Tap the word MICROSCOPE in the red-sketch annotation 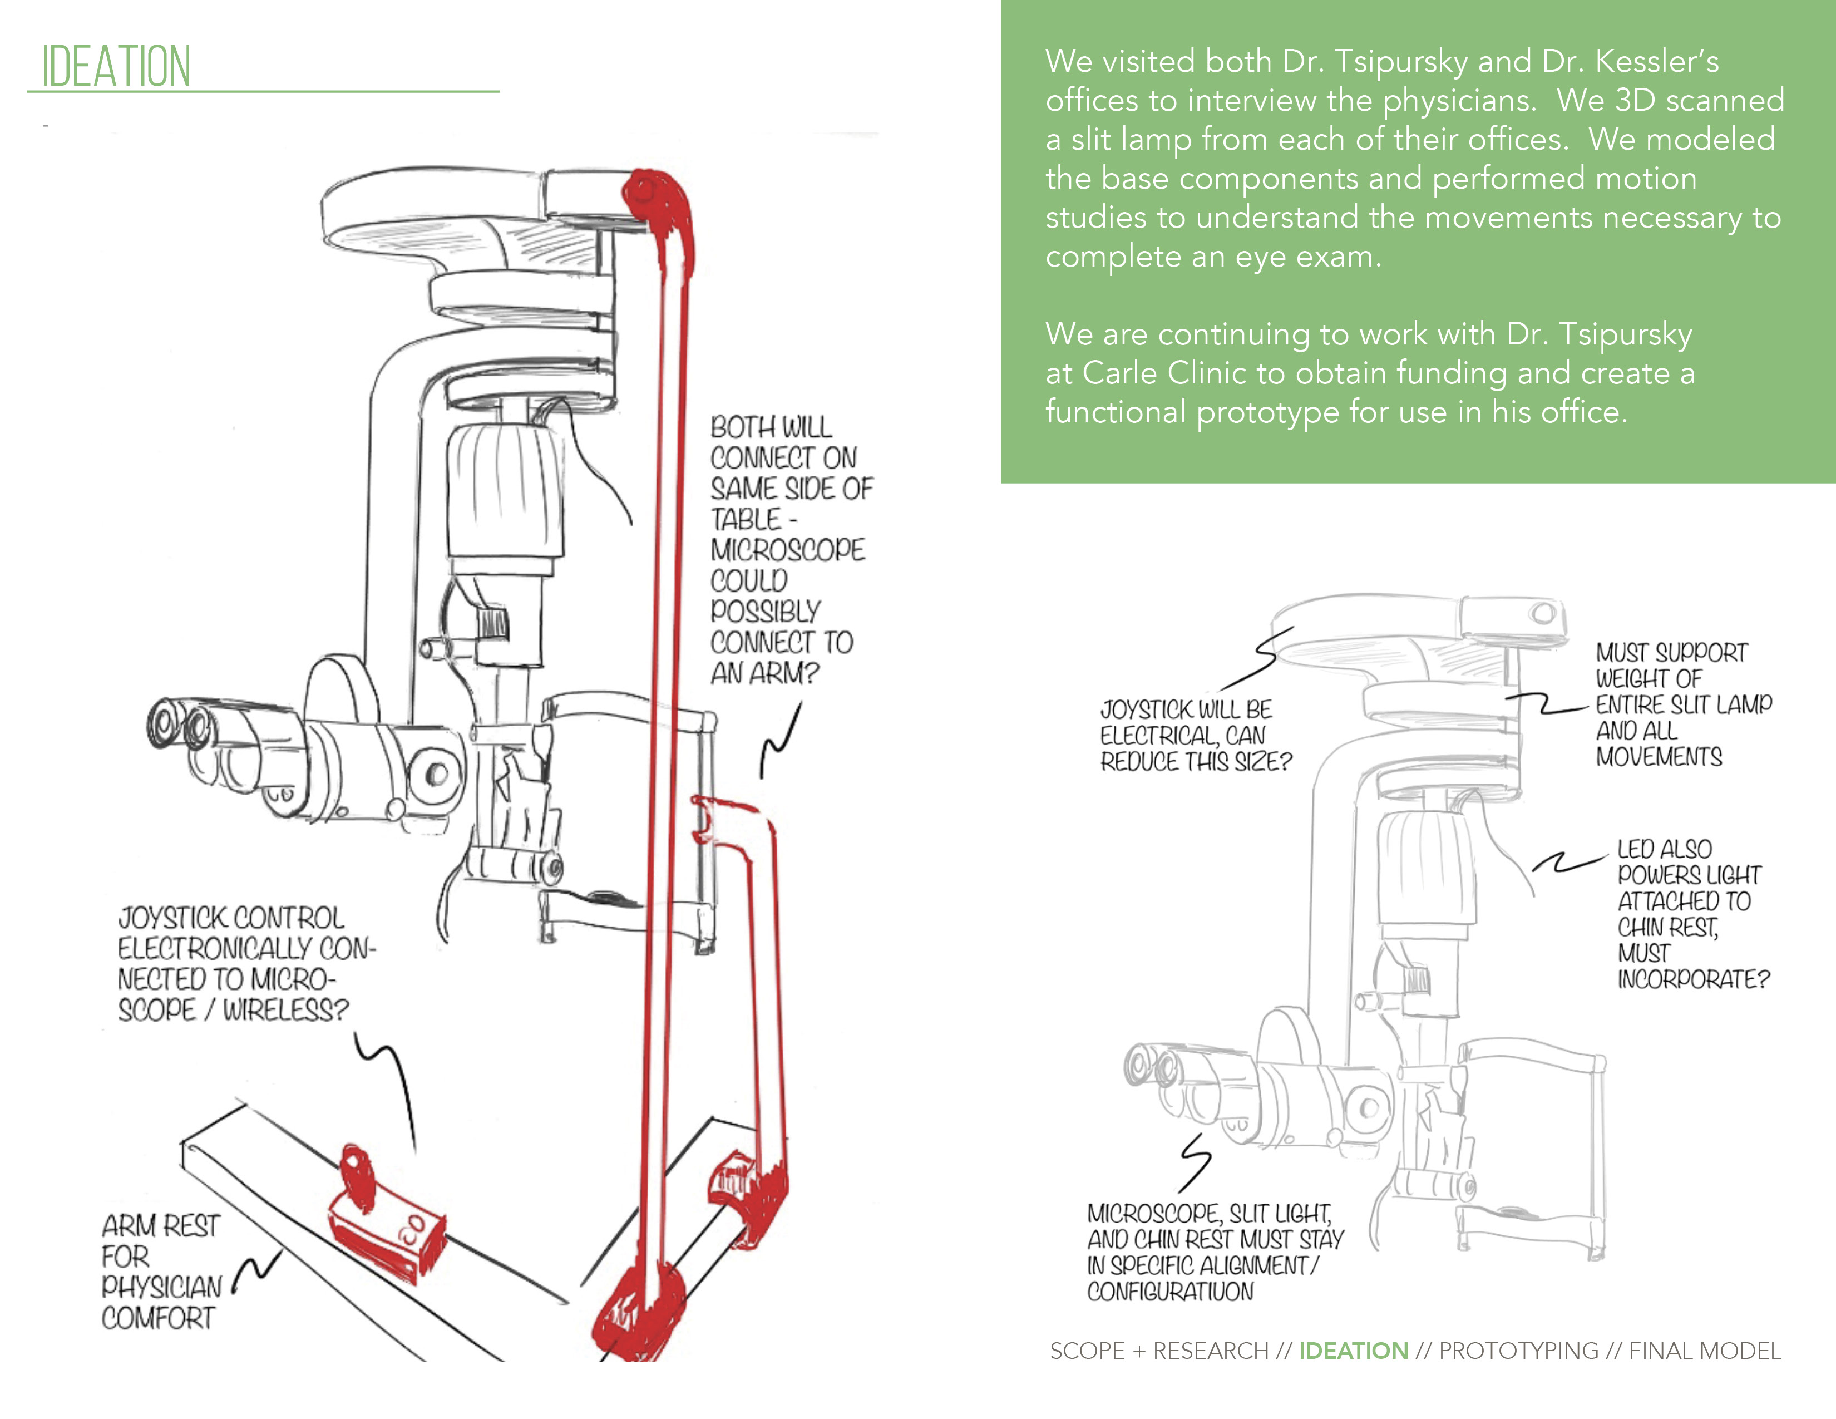pyautogui.click(x=787, y=550)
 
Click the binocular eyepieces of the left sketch pyautogui.click(x=181, y=725)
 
